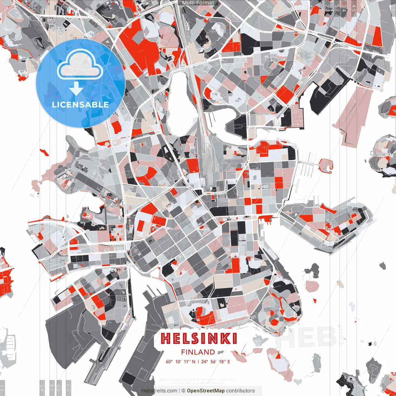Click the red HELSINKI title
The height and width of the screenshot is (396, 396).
[199, 339]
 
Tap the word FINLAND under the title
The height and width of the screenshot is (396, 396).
[198, 352]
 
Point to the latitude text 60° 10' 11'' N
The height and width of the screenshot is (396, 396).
[180, 361]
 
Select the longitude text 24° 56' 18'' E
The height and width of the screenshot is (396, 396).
[216, 361]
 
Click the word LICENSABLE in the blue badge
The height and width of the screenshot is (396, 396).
[80, 105]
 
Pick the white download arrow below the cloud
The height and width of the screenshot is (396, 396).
[76, 88]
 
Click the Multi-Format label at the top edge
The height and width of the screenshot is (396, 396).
[198, 3]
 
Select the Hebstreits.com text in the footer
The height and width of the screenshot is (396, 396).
[159, 391]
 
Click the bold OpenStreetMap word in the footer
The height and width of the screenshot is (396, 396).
[206, 391]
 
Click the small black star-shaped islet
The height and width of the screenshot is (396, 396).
[369, 344]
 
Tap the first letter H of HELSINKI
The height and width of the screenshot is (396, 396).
[166, 339]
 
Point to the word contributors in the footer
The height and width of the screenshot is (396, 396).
[240, 391]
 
